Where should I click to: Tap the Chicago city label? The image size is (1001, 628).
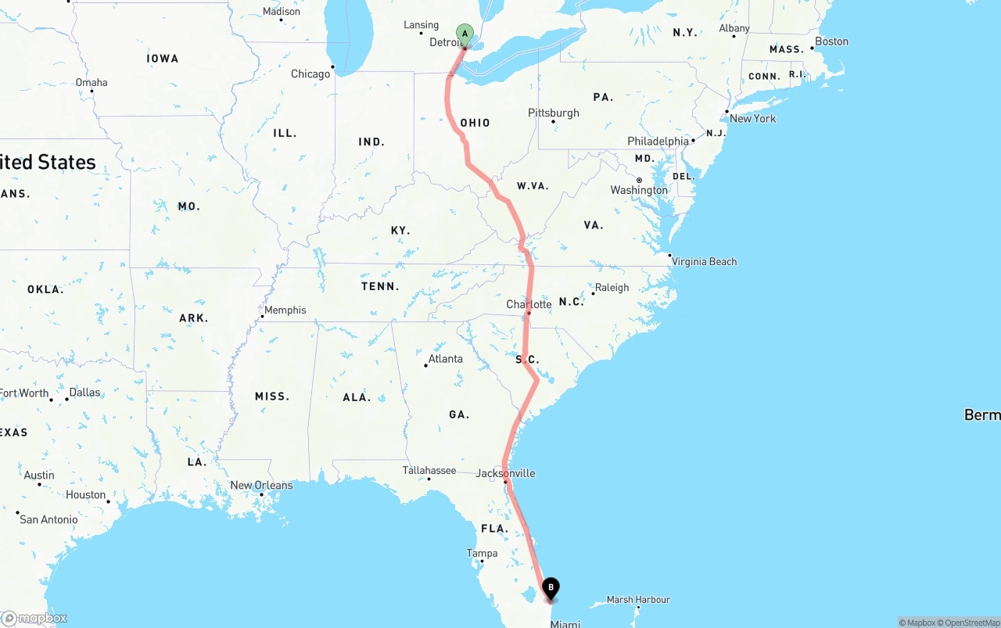pyautogui.click(x=310, y=74)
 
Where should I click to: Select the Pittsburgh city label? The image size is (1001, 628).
pyautogui.click(x=554, y=113)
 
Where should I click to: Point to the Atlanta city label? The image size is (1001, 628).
pyautogui.click(x=445, y=359)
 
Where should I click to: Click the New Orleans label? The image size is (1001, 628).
pyautogui.click(x=261, y=485)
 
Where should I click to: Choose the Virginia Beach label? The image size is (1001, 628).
pyautogui.click(x=704, y=261)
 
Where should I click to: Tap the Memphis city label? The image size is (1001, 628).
pyautogui.click(x=285, y=310)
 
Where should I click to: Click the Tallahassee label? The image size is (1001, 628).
pyautogui.click(x=429, y=470)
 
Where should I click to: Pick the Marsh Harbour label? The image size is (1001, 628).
pyautogui.click(x=638, y=600)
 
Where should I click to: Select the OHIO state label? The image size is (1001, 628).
pyautogui.click(x=475, y=123)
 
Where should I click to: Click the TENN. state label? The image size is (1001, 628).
pyautogui.click(x=380, y=287)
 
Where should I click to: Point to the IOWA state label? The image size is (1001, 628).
pyautogui.click(x=163, y=59)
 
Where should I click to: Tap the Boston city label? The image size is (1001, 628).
pyautogui.click(x=831, y=41)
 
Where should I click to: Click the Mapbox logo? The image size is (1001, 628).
pyautogui.click(x=34, y=619)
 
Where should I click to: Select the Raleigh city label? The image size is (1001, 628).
pyautogui.click(x=612, y=287)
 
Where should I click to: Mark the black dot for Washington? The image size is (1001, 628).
pyautogui.click(x=639, y=181)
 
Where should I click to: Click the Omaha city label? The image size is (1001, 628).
pyautogui.click(x=91, y=82)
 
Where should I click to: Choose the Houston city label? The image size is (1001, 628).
pyautogui.click(x=85, y=495)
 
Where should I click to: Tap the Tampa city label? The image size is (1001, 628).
pyautogui.click(x=482, y=553)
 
